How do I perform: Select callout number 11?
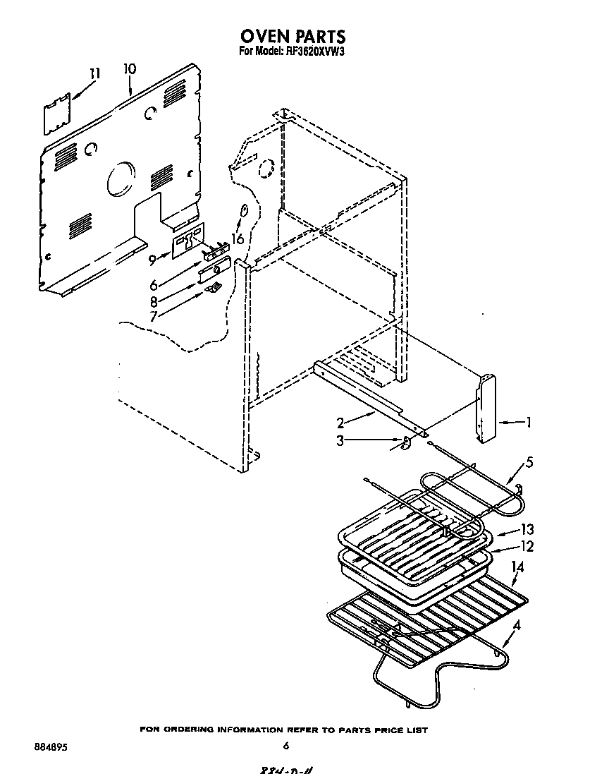click(x=95, y=73)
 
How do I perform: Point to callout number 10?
click(x=130, y=69)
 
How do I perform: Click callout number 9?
click(x=152, y=259)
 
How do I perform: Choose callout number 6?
click(x=153, y=286)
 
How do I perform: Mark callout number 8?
click(x=153, y=302)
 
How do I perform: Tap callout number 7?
click(x=153, y=316)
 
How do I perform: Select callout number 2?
click(x=340, y=423)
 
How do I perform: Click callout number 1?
click(x=528, y=423)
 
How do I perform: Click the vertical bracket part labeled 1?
click(x=486, y=409)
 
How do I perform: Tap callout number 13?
click(x=527, y=530)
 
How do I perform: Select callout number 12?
click(x=527, y=547)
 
